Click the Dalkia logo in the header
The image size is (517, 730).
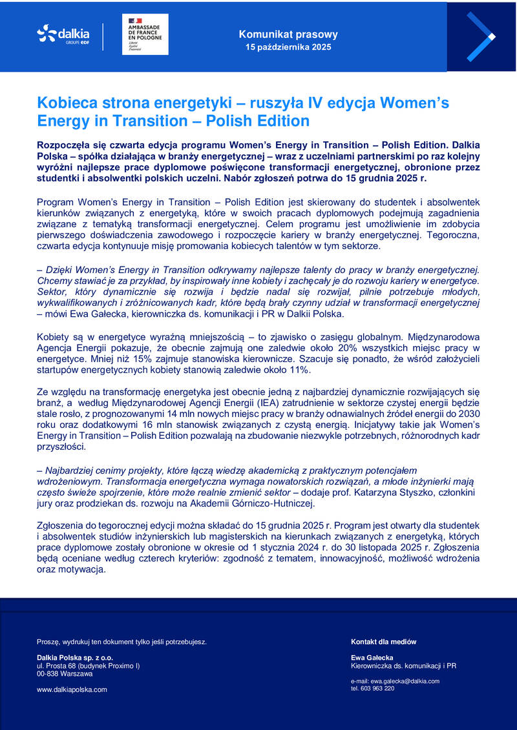click(63, 34)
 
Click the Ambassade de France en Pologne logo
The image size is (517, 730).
click(145, 34)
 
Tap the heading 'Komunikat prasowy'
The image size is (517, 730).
click(288, 34)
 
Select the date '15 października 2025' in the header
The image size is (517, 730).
click(288, 48)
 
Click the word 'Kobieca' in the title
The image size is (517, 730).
click(67, 103)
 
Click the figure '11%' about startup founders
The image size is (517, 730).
click(299, 370)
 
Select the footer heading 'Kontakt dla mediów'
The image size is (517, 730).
click(384, 642)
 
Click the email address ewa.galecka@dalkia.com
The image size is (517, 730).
click(406, 681)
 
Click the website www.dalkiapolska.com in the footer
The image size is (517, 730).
click(72, 689)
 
